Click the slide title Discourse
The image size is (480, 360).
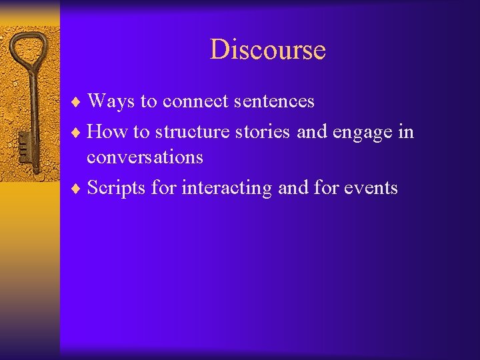coord(267,50)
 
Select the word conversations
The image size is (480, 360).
coord(145,157)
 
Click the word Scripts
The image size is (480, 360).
coord(117,189)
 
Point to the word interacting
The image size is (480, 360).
coord(227,189)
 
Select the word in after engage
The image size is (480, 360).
coord(406,132)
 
